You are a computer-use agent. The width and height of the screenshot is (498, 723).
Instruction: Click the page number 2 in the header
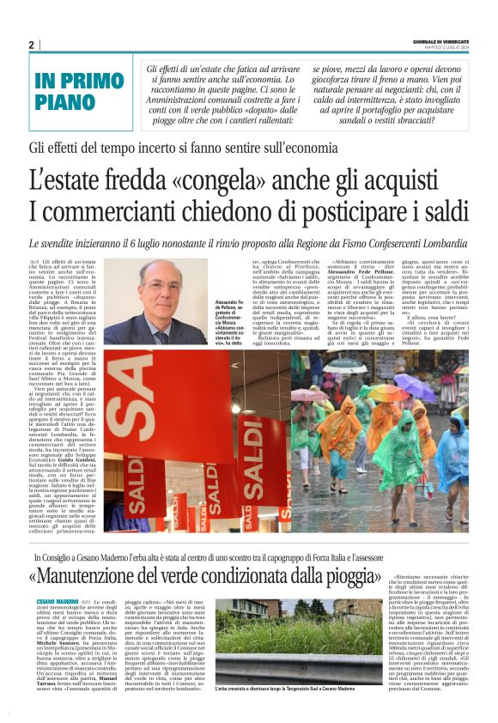[32, 45]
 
